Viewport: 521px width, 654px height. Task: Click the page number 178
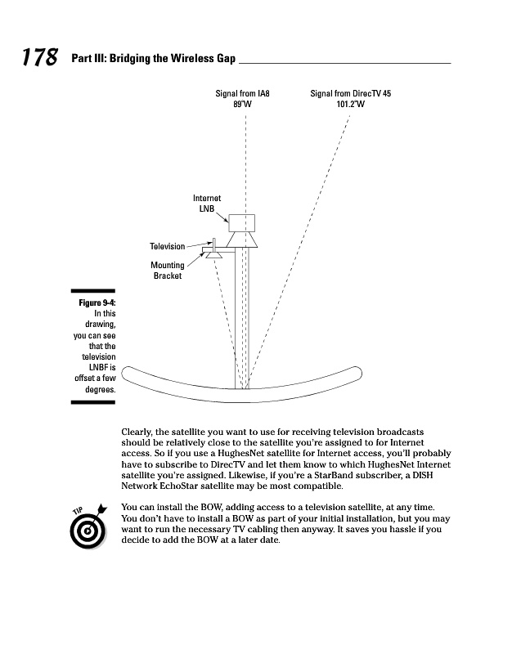(x=39, y=58)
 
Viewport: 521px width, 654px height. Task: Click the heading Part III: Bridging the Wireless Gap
(x=152, y=60)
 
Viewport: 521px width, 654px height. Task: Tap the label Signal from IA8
(x=242, y=94)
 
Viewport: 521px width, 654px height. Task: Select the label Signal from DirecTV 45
(x=350, y=94)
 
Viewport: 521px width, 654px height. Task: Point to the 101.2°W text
(x=350, y=105)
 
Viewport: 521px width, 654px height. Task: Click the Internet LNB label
(x=207, y=204)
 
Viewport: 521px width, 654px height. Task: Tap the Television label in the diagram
(x=167, y=246)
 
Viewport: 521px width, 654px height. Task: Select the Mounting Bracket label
(x=168, y=271)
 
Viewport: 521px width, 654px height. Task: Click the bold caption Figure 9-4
(x=97, y=302)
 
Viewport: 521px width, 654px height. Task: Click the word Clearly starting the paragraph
(x=137, y=432)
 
